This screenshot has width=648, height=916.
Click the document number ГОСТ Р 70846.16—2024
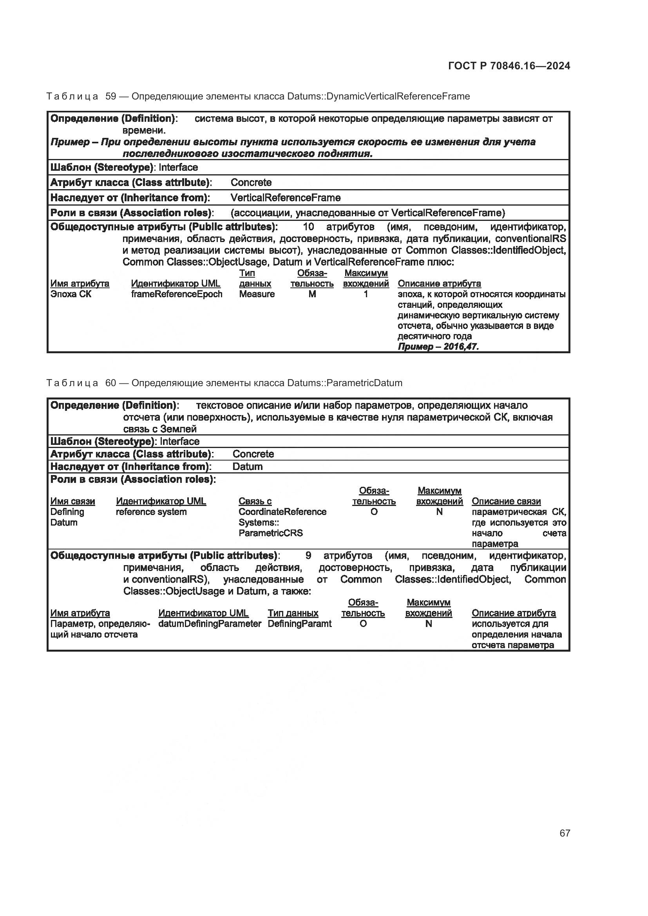click(x=509, y=66)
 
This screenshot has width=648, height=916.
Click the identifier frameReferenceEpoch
click(x=176, y=294)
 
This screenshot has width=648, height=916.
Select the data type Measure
click(x=257, y=294)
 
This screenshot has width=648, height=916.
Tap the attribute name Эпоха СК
click(x=71, y=294)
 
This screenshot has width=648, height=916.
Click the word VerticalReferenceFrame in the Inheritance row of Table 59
click(x=285, y=197)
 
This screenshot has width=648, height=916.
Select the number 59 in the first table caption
click(x=110, y=96)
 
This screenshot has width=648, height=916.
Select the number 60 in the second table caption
click(x=110, y=383)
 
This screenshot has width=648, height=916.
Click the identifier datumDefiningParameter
click(x=210, y=623)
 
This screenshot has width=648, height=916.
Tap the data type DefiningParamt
click(x=299, y=623)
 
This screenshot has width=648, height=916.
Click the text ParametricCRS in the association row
click(x=271, y=533)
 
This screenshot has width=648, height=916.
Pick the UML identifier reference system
click(x=151, y=512)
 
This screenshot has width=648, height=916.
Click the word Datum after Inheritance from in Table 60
click(x=247, y=466)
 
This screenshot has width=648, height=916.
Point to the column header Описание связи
click(x=506, y=501)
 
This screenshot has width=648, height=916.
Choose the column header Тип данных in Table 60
click(x=293, y=613)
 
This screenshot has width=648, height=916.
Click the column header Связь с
click(x=255, y=501)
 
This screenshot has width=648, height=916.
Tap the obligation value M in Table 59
click(x=312, y=294)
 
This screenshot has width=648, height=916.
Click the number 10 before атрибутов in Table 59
click(x=308, y=227)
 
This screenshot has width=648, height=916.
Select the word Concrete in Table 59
click(x=251, y=182)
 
